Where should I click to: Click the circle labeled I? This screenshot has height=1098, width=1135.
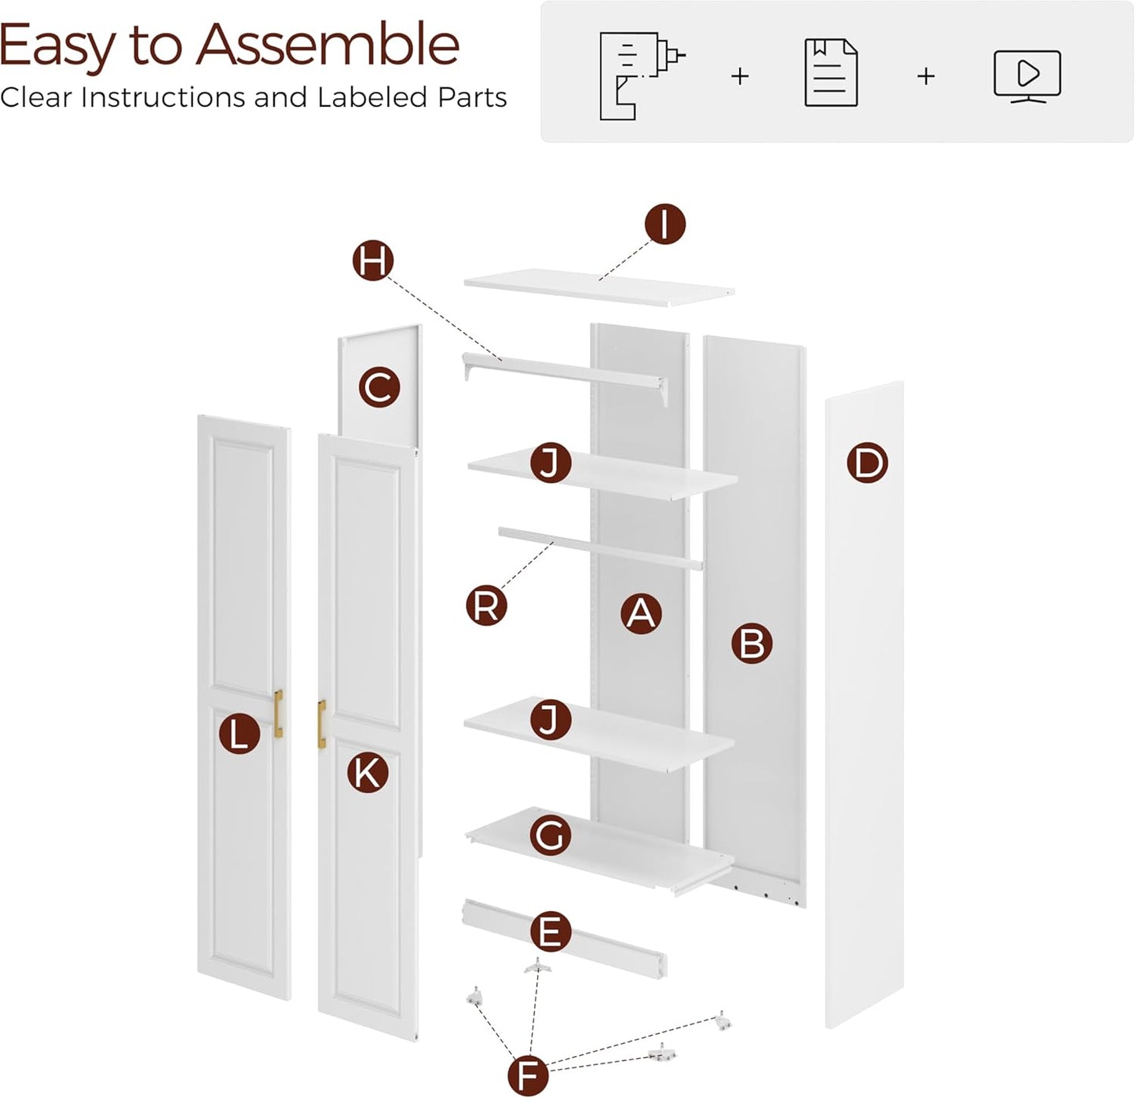click(665, 224)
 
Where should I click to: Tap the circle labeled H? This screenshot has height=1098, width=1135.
click(372, 261)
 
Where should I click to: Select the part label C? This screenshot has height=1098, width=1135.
click(379, 388)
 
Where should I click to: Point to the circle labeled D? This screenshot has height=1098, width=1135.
click(867, 463)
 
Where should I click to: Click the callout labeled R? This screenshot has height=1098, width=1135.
click(485, 606)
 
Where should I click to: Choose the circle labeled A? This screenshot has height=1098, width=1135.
click(641, 613)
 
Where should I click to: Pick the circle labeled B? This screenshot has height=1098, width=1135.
click(752, 643)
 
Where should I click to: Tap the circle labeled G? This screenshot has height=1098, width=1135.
click(550, 836)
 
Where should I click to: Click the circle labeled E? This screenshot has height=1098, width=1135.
click(550, 932)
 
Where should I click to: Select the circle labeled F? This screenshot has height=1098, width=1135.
click(528, 1074)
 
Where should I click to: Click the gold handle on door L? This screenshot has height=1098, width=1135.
click(279, 713)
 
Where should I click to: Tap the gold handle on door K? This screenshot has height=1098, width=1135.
click(321, 724)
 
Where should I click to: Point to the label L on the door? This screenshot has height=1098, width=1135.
click(239, 734)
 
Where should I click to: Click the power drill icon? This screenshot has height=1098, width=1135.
click(640, 75)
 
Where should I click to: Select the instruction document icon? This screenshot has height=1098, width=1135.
click(831, 73)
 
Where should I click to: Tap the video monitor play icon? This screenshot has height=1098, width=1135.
click(1027, 75)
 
